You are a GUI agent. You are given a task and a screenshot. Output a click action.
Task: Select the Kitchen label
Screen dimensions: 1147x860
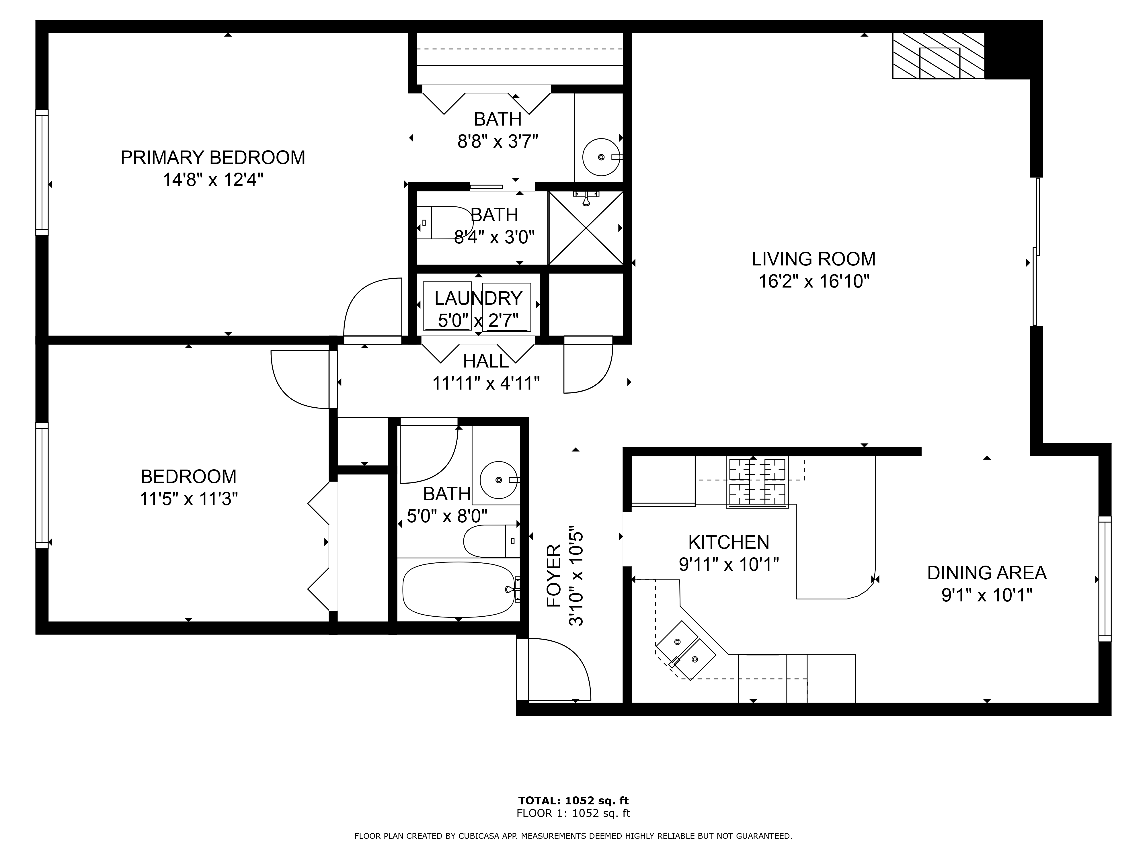(729, 542)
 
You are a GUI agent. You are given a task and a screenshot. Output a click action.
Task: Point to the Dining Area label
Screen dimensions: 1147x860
(987, 573)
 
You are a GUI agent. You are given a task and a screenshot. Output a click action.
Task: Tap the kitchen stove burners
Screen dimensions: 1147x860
(757, 482)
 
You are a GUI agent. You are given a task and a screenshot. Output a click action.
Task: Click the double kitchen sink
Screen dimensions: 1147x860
(686, 650)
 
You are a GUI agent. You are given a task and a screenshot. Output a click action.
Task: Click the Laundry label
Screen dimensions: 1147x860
(478, 299)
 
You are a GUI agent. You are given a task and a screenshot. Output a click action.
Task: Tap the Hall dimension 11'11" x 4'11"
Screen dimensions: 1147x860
(486, 383)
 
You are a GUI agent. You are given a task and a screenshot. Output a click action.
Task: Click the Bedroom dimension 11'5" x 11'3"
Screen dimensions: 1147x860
(189, 499)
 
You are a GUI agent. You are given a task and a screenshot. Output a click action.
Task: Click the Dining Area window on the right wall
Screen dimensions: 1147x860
(1105, 579)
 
